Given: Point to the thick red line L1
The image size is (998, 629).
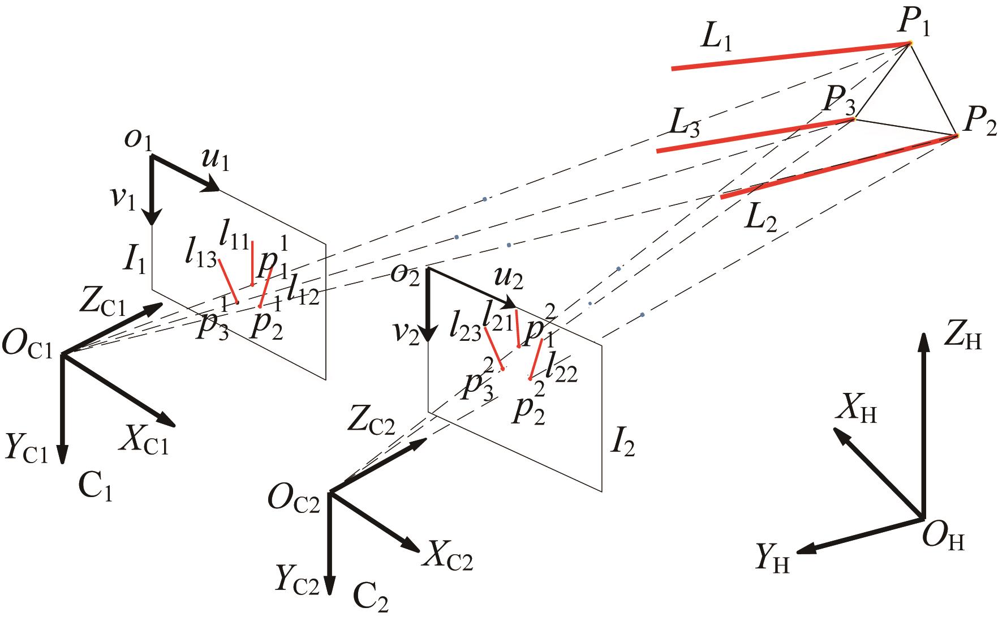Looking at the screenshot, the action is pos(790,56).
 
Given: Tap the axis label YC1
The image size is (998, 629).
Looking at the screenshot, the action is pos(28,448).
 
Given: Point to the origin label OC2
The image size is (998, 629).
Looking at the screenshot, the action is pos(295,500).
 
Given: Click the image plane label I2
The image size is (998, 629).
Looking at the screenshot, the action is pos(622,446).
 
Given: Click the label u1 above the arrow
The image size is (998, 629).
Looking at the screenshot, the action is pos(216,162).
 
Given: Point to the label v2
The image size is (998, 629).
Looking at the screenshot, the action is pos(407,335).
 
